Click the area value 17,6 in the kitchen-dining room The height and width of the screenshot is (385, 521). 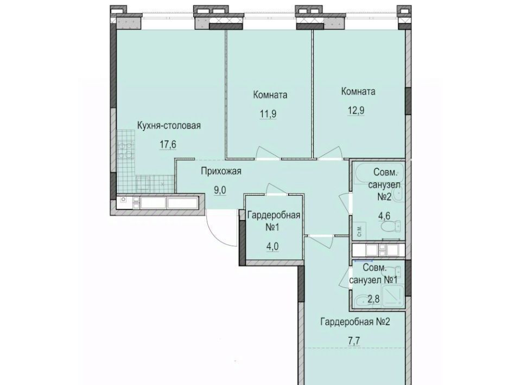pyautogui.click(x=168, y=145)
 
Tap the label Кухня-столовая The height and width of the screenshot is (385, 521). pyautogui.click(x=169, y=126)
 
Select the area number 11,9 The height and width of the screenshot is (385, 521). pyautogui.click(x=268, y=114)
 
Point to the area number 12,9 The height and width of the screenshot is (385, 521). pyautogui.click(x=356, y=110)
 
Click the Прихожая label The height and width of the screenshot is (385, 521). pyautogui.click(x=221, y=171)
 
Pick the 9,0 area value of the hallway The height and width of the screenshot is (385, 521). pyautogui.click(x=220, y=190)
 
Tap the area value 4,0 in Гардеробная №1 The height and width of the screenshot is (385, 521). pyautogui.click(x=272, y=246)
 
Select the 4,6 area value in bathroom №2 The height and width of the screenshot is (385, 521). pyautogui.click(x=384, y=216)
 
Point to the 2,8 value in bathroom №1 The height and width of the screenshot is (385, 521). pyautogui.click(x=373, y=299)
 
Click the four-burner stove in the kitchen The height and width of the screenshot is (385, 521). pyautogui.click(x=125, y=150)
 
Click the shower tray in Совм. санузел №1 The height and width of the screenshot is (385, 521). pyautogui.click(x=393, y=296)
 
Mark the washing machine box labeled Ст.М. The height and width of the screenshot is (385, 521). pyautogui.click(x=360, y=230)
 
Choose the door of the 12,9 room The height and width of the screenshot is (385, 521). pyautogui.click(x=331, y=153)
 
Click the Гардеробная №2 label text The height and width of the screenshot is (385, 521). pyautogui.click(x=355, y=322)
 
